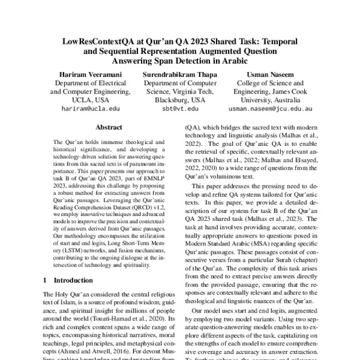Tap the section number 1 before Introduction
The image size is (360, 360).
point(46,280)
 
